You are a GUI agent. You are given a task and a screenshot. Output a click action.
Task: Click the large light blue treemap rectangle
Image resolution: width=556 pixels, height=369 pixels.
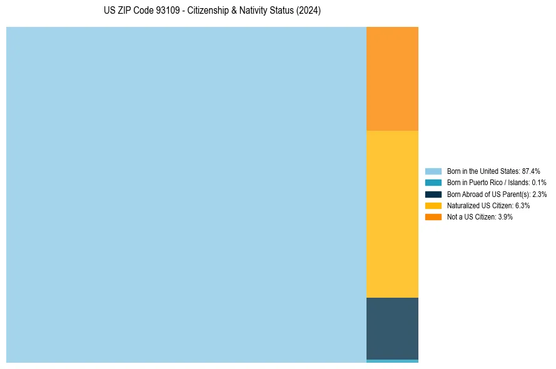pos(186,195)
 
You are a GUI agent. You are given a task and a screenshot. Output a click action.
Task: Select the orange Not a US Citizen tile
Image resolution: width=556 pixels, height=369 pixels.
pos(392,78)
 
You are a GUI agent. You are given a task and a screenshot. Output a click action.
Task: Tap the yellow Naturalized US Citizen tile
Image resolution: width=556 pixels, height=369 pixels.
pos(392,214)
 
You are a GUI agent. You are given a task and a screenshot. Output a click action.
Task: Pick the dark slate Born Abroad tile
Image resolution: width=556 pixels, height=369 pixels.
pos(392,328)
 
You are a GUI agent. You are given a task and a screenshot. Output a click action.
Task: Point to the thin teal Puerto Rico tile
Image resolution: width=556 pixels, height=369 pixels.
pos(392,361)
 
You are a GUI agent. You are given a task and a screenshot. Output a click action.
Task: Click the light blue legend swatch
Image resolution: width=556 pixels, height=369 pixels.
pos(433,171)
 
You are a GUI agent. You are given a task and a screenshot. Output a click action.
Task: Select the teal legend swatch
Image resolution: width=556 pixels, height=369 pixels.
pos(433,182)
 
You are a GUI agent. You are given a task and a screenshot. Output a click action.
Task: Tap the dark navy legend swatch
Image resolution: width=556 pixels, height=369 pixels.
pos(433,194)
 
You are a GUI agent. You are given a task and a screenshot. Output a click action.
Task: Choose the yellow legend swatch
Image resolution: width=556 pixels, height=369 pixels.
pos(433,205)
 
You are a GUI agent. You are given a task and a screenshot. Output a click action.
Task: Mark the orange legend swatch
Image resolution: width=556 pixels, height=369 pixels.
pos(433,216)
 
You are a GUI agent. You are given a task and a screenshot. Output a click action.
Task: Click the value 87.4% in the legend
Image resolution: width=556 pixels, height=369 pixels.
pos(531,171)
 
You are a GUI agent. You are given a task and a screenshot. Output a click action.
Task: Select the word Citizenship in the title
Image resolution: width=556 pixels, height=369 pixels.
pos(210,11)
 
